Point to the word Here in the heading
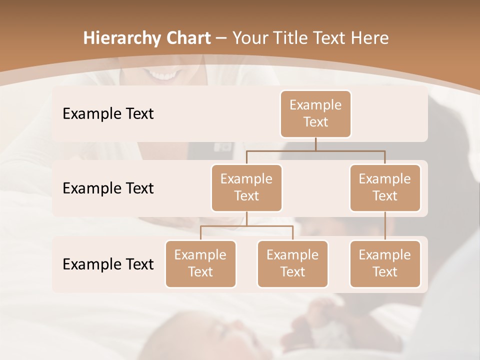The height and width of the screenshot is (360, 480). point(369,38)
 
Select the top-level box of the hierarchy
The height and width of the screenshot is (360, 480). point(315,113)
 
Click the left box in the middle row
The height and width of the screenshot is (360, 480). point(246,187)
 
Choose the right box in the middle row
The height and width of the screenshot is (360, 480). point(385,187)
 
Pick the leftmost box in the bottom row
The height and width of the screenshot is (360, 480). point(200,263)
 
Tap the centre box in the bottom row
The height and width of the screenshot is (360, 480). point(292,263)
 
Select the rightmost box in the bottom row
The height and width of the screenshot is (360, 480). point(385,263)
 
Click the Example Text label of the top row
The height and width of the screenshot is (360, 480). point(108,114)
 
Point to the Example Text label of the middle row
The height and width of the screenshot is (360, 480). point(108,188)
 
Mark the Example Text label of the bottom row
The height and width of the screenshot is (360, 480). point(108,264)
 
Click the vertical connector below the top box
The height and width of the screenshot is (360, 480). point(315,144)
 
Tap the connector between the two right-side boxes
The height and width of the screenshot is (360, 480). point(385,226)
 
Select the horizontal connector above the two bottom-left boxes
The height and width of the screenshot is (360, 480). point(246,226)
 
